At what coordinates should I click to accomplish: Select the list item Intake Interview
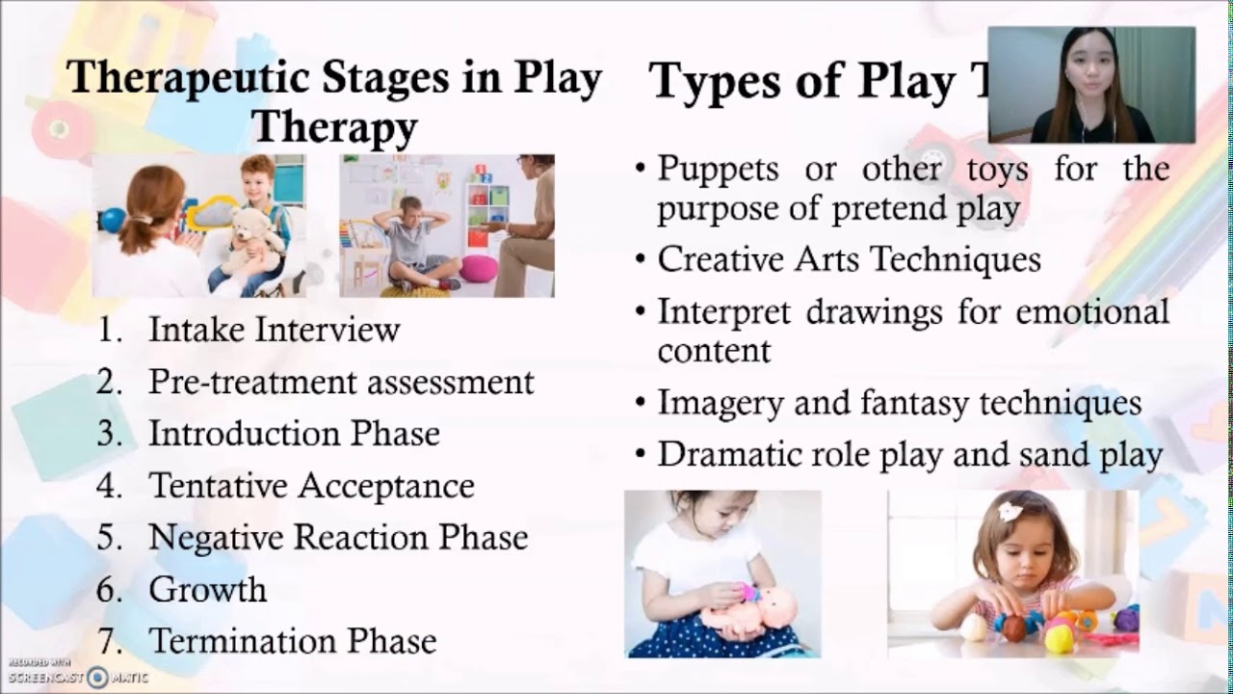tap(274, 330)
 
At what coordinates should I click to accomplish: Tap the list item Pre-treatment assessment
tap(340, 382)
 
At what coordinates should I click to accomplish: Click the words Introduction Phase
tap(294, 434)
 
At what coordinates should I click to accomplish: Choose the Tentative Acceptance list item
tap(311, 486)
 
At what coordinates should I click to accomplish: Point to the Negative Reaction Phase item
tap(338, 537)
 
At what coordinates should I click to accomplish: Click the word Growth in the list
tap(207, 589)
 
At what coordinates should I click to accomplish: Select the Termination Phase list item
tap(292, 641)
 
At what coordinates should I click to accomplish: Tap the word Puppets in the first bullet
tap(718, 169)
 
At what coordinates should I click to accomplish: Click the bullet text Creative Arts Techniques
tap(849, 259)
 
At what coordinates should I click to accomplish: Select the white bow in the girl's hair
tap(1010, 511)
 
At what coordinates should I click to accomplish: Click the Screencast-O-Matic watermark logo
tap(97, 677)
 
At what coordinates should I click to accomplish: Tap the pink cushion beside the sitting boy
tap(478, 268)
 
